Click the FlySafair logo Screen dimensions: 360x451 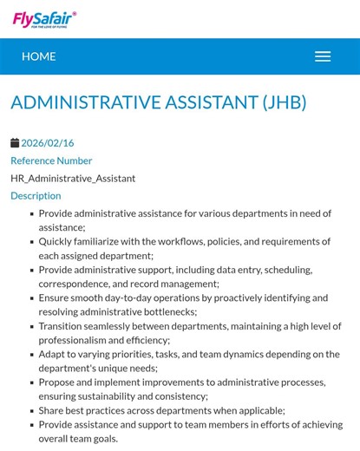pos(44,19)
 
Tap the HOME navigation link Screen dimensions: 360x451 pos(38,56)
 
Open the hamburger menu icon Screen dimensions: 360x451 pos(323,56)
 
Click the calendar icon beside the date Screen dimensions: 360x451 pos(15,143)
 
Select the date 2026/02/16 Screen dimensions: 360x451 pos(48,143)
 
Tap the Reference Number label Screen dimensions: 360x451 pos(51,160)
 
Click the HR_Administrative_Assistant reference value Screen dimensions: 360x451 pos(73,178)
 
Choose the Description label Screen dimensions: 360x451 pos(36,195)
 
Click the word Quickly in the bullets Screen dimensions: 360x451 pos(58,241)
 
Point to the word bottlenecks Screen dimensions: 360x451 pos(168,311)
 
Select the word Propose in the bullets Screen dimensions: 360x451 pos(59,382)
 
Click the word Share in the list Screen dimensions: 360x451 pos(53,410)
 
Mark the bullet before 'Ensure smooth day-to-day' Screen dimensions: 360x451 pos(32,297)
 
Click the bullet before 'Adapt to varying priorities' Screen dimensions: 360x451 pos(32,354)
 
